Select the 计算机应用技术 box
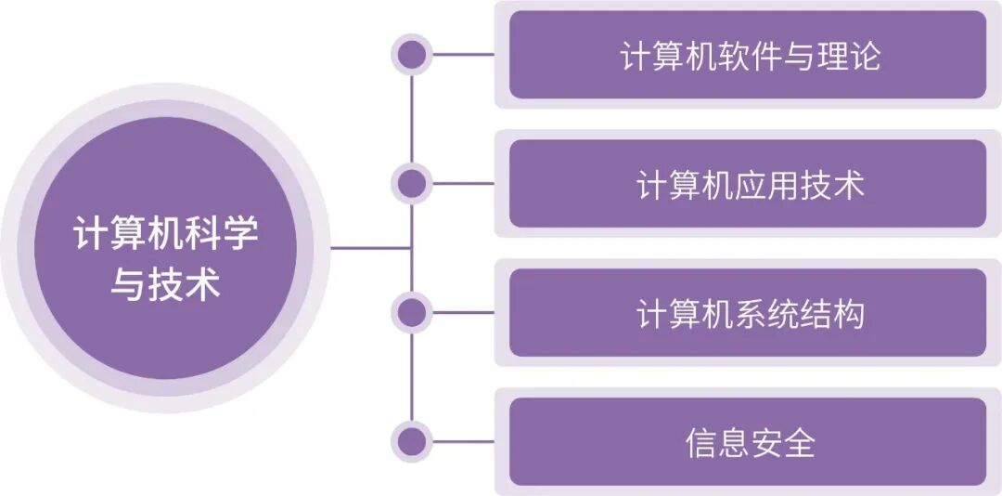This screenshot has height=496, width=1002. coord(747,183)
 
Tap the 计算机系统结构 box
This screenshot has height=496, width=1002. coord(747,313)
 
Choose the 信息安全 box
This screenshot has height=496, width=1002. coord(747,442)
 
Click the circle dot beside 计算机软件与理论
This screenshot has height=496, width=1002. coord(411,54)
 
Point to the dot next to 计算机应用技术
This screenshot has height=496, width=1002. coord(411,183)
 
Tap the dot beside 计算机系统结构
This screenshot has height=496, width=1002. coord(411,312)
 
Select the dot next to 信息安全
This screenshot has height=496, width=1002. coord(411,441)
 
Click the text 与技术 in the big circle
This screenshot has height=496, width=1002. coord(165,283)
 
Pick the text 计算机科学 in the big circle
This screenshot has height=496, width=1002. coord(165,233)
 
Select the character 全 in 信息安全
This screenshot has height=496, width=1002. coord(798,443)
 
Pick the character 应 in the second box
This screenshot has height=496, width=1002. coord(751,185)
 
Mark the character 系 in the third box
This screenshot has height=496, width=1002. coord(751,314)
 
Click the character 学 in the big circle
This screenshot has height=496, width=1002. coord(239,233)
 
